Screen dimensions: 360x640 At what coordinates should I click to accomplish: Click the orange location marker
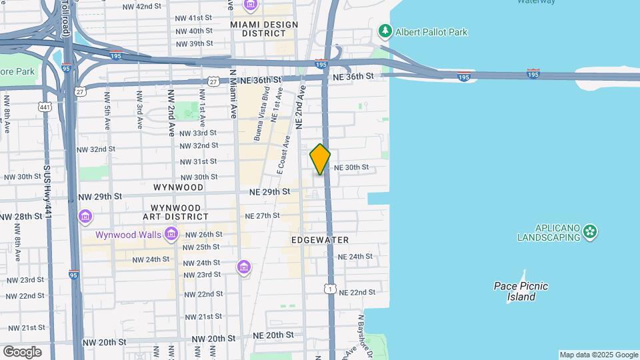(320, 159)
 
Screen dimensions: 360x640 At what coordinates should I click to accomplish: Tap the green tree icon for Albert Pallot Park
(385, 31)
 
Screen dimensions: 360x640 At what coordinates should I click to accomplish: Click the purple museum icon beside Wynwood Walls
(171, 234)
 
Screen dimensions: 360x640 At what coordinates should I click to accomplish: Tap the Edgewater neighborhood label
(320, 239)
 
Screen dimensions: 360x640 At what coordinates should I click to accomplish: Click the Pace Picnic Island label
(521, 291)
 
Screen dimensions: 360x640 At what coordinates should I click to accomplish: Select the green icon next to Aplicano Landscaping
(589, 231)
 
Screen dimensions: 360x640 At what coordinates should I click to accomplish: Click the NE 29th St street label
(269, 192)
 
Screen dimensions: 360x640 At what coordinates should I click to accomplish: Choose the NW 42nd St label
(143, 6)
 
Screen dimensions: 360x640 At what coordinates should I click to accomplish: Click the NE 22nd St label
(357, 292)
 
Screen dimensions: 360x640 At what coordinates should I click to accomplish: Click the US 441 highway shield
(45, 107)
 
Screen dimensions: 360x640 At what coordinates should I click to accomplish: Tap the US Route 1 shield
(329, 288)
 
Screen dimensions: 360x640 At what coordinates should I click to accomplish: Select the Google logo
(21, 351)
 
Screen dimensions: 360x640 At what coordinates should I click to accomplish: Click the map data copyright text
(598, 355)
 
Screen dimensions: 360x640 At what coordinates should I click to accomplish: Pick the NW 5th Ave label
(106, 110)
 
